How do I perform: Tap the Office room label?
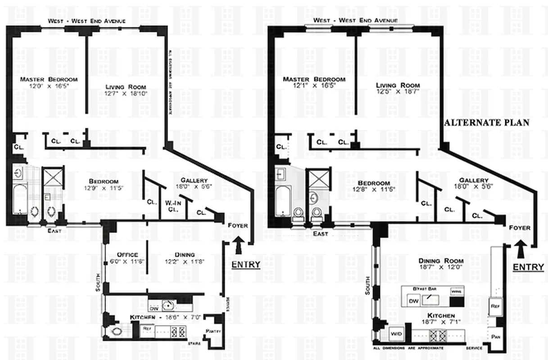127,254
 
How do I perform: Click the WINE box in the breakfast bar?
457,292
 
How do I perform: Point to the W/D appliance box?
397,334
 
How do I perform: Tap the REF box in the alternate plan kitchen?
495,306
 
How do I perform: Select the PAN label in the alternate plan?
496,336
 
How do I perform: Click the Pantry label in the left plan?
213,332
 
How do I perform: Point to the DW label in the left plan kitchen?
154,308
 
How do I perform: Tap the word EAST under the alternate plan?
320,234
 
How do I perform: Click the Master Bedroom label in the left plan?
49,79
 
